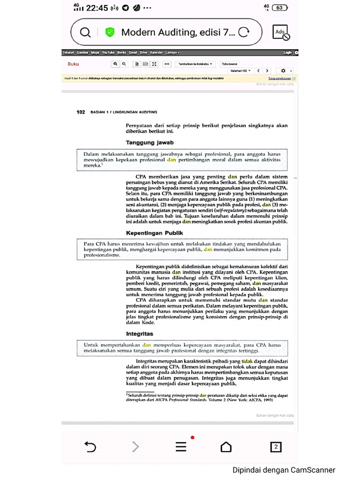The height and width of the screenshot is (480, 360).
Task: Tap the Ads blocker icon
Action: [281, 32]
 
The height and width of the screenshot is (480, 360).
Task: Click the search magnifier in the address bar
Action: [85, 32]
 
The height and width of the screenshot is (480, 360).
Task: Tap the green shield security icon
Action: [110, 32]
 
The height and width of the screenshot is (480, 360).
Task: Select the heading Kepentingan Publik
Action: [154, 232]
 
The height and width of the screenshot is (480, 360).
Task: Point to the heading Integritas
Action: [140, 334]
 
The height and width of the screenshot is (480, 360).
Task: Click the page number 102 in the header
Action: [81, 112]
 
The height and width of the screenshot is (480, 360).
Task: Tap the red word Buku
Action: [73, 64]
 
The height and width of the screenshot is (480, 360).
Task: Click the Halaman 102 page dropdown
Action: [240, 71]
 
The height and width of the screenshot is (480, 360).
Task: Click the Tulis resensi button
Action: [230, 64]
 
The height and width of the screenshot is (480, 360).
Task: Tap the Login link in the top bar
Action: [287, 52]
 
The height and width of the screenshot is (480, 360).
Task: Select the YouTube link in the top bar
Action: [108, 52]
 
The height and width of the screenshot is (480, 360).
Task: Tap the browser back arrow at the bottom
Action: [90, 447]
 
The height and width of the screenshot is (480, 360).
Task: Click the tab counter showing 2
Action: [276, 447]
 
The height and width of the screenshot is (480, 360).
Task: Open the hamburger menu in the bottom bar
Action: [181, 447]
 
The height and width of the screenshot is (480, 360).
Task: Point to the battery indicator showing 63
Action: [279, 7]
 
